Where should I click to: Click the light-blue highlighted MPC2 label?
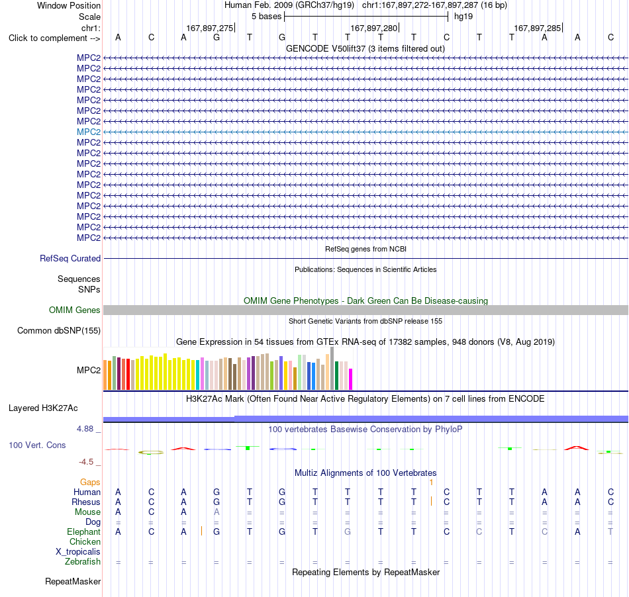[89, 132]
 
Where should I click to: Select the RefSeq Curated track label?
[70, 259]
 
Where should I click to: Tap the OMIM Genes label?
[75, 310]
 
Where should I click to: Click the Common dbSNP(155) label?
[59, 331]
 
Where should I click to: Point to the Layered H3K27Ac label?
[43, 408]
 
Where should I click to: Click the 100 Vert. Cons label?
[37, 445]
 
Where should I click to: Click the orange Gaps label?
[90, 482]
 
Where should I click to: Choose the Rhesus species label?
[86, 502]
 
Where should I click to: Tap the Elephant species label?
[84, 532]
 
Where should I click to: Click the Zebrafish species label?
[83, 562]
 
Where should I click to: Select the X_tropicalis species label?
[78, 552]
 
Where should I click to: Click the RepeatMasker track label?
[73, 581]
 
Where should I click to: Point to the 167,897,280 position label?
[374, 28]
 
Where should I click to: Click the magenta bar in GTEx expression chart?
[351, 379]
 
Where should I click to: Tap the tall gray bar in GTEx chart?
[332, 369]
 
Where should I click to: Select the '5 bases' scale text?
[266, 17]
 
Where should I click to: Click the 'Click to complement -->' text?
[54, 38]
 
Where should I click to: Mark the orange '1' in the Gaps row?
[431, 482]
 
